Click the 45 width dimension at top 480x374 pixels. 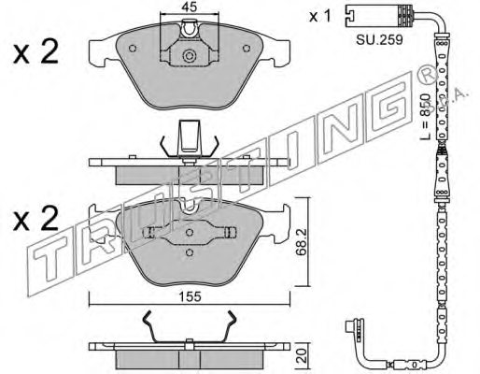click(x=190, y=7)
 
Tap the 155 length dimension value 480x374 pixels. click(x=190, y=296)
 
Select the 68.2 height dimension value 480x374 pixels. click(x=302, y=242)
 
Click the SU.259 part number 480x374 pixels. click(x=379, y=39)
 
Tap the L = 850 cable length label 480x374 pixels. click(x=425, y=116)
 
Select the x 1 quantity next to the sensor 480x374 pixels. click(x=319, y=16)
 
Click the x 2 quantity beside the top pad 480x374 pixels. click(x=35, y=52)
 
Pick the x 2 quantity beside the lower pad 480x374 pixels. click(x=35, y=219)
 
